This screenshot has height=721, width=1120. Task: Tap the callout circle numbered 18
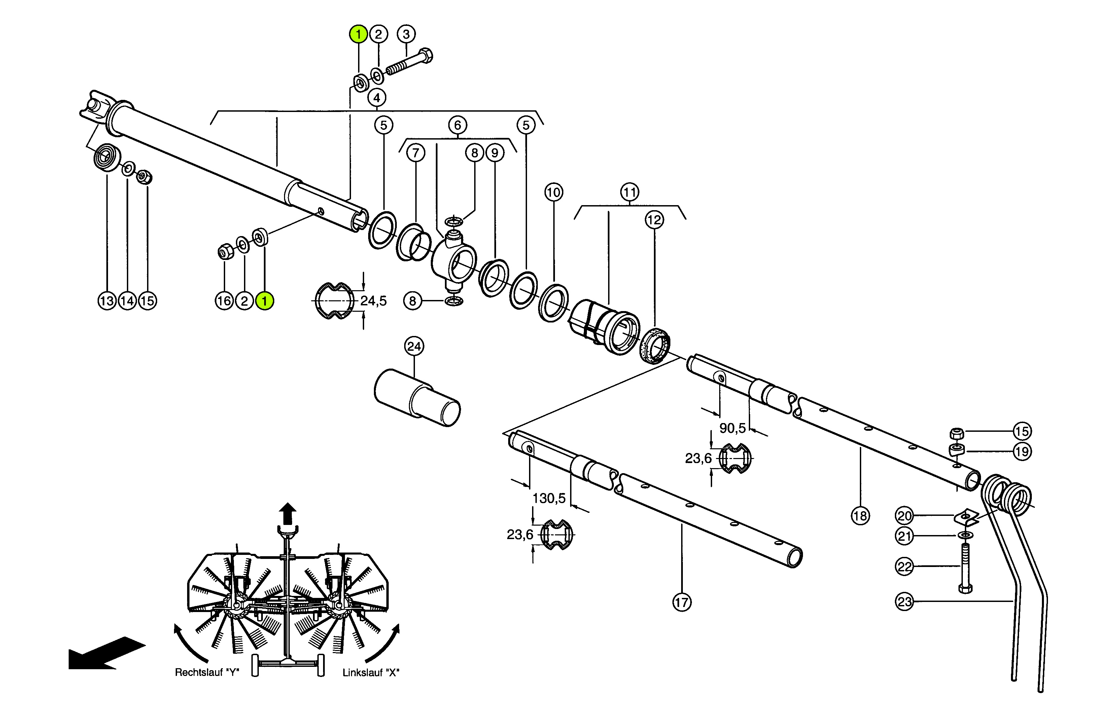(x=860, y=516)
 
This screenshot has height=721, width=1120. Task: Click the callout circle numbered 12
(x=654, y=220)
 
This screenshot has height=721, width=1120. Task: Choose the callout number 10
(x=554, y=192)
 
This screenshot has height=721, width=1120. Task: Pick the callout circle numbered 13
(x=107, y=301)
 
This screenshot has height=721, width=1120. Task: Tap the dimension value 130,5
(x=549, y=498)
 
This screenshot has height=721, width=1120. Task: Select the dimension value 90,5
(x=733, y=428)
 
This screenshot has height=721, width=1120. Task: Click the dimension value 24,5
(x=373, y=301)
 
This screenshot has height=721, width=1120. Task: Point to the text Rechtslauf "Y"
(x=207, y=672)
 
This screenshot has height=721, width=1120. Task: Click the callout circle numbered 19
(x=1022, y=451)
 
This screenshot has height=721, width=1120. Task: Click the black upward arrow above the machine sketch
(x=288, y=514)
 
